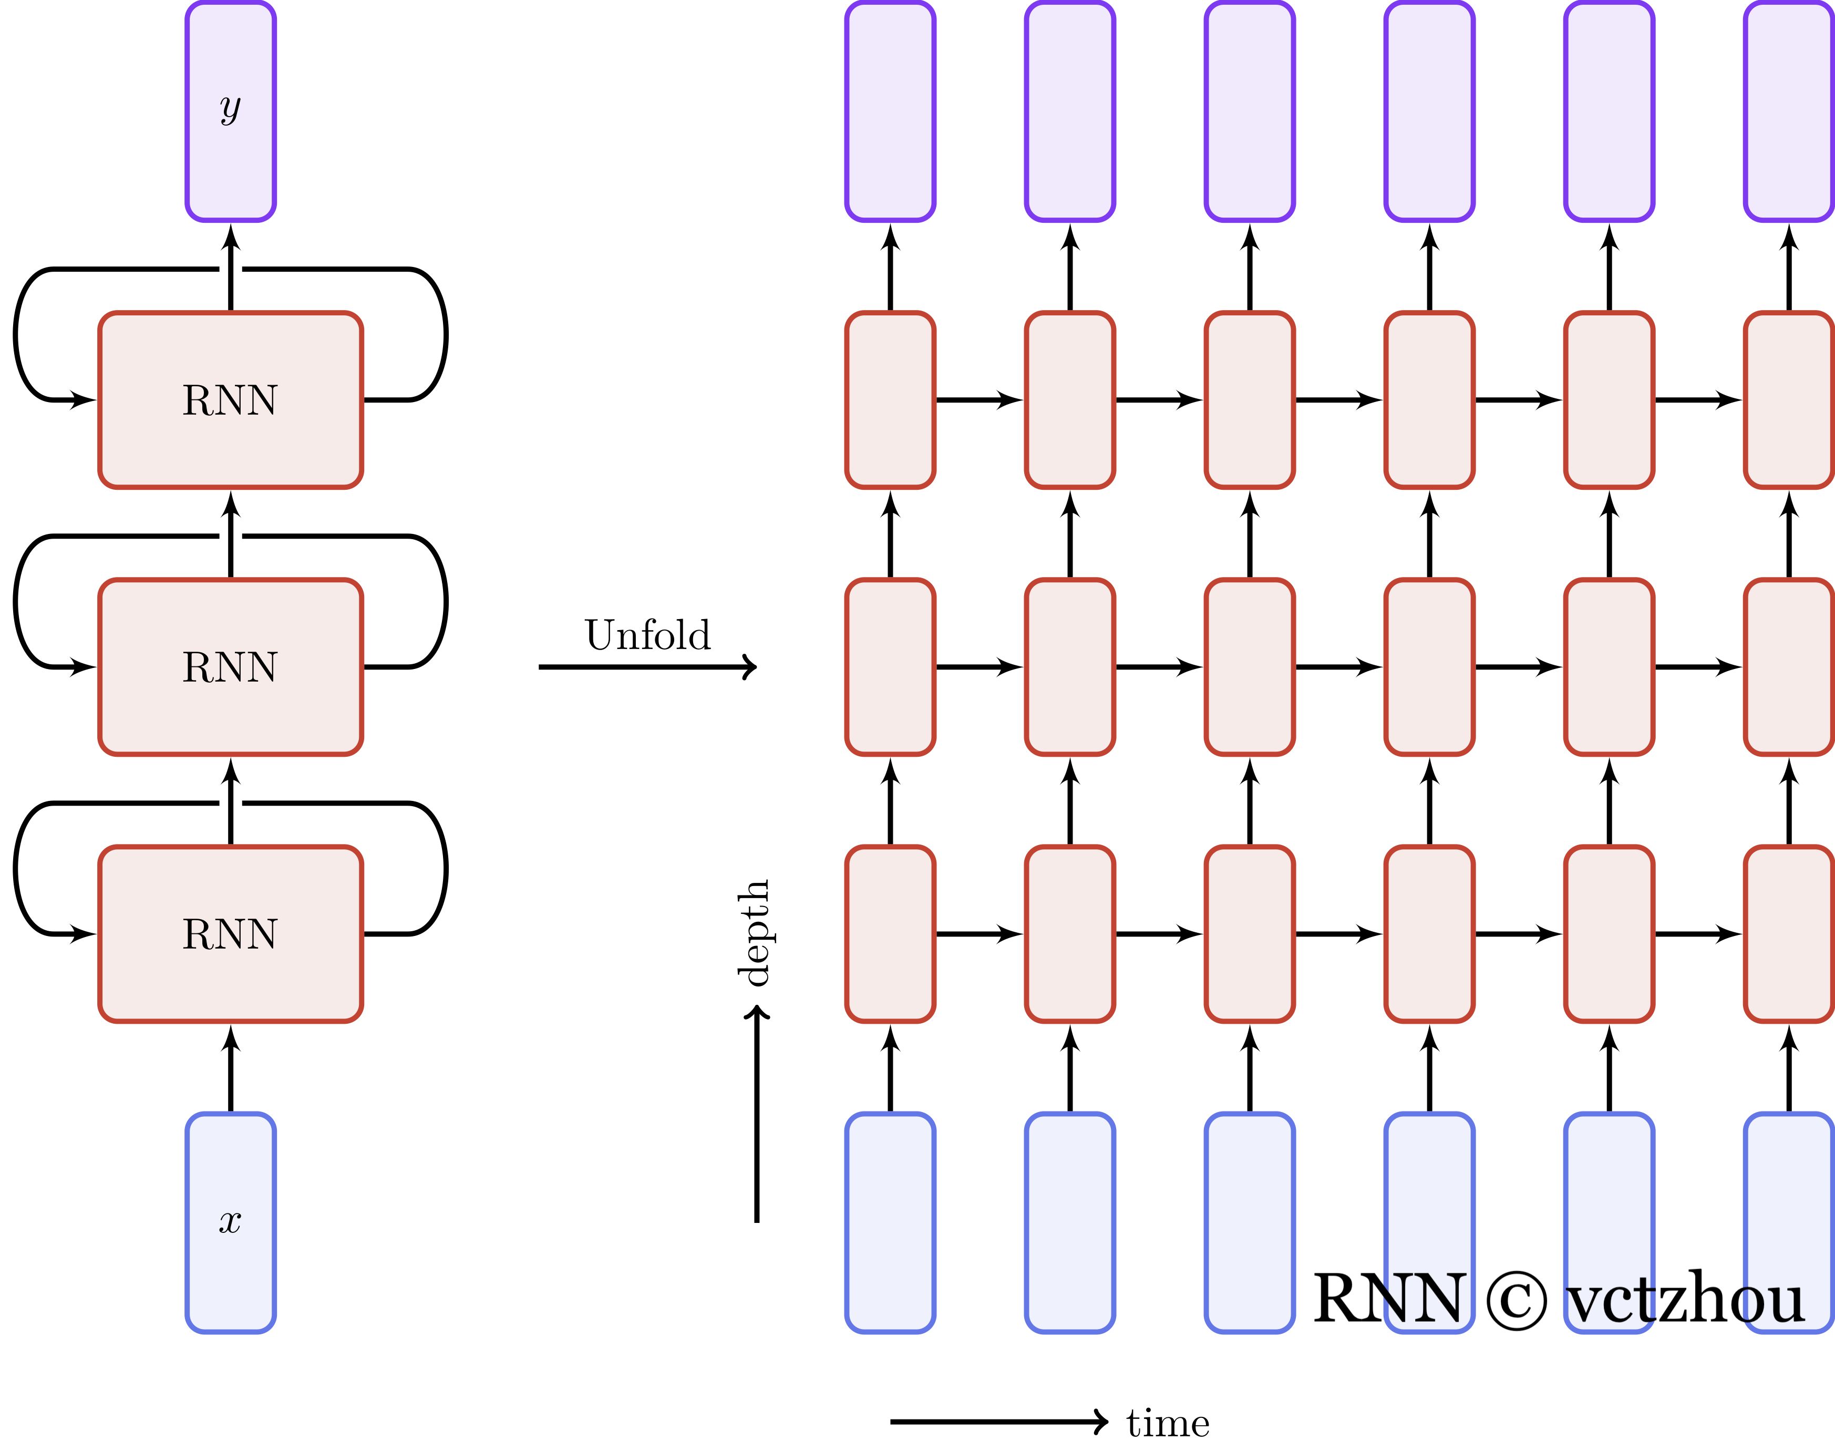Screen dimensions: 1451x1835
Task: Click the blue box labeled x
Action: (x=230, y=1222)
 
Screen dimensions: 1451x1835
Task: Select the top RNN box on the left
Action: (x=230, y=400)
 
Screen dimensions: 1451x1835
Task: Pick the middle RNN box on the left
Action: (x=230, y=667)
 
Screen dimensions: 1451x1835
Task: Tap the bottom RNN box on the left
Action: (x=230, y=934)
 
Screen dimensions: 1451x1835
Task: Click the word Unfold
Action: (x=647, y=635)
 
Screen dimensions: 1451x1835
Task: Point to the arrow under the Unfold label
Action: (x=646, y=667)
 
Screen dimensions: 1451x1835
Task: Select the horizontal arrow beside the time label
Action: (x=998, y=1421)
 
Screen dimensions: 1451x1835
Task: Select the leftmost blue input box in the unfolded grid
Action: (x=890, y=1222)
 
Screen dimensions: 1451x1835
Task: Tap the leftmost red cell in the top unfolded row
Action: (x=890, y=400)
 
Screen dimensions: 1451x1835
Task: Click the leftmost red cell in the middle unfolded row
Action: (x=890, y=667)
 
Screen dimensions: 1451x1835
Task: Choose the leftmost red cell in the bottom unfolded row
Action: (x=890, y=934)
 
